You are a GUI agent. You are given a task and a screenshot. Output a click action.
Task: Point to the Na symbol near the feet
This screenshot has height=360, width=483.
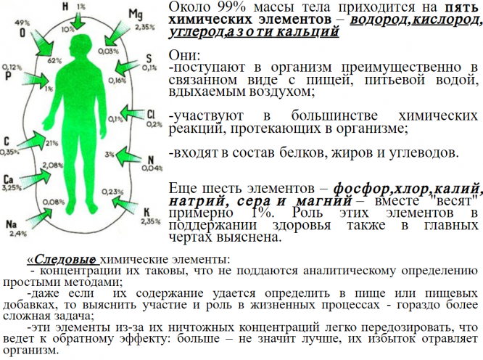coord(12,224)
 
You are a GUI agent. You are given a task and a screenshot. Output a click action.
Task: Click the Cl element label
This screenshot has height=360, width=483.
coord(151,115)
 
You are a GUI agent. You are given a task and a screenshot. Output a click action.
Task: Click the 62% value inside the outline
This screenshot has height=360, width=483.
coord(54,61)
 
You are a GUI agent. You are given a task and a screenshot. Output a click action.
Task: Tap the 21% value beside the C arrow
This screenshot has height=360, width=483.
coord(51,143)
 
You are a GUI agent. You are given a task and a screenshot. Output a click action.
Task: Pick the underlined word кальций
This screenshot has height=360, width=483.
coord(313,33)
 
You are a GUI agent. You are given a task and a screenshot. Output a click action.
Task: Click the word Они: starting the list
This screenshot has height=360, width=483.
coord(183,56)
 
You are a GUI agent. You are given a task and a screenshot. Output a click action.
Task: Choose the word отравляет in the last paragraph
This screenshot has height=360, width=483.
coord(446,338)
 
